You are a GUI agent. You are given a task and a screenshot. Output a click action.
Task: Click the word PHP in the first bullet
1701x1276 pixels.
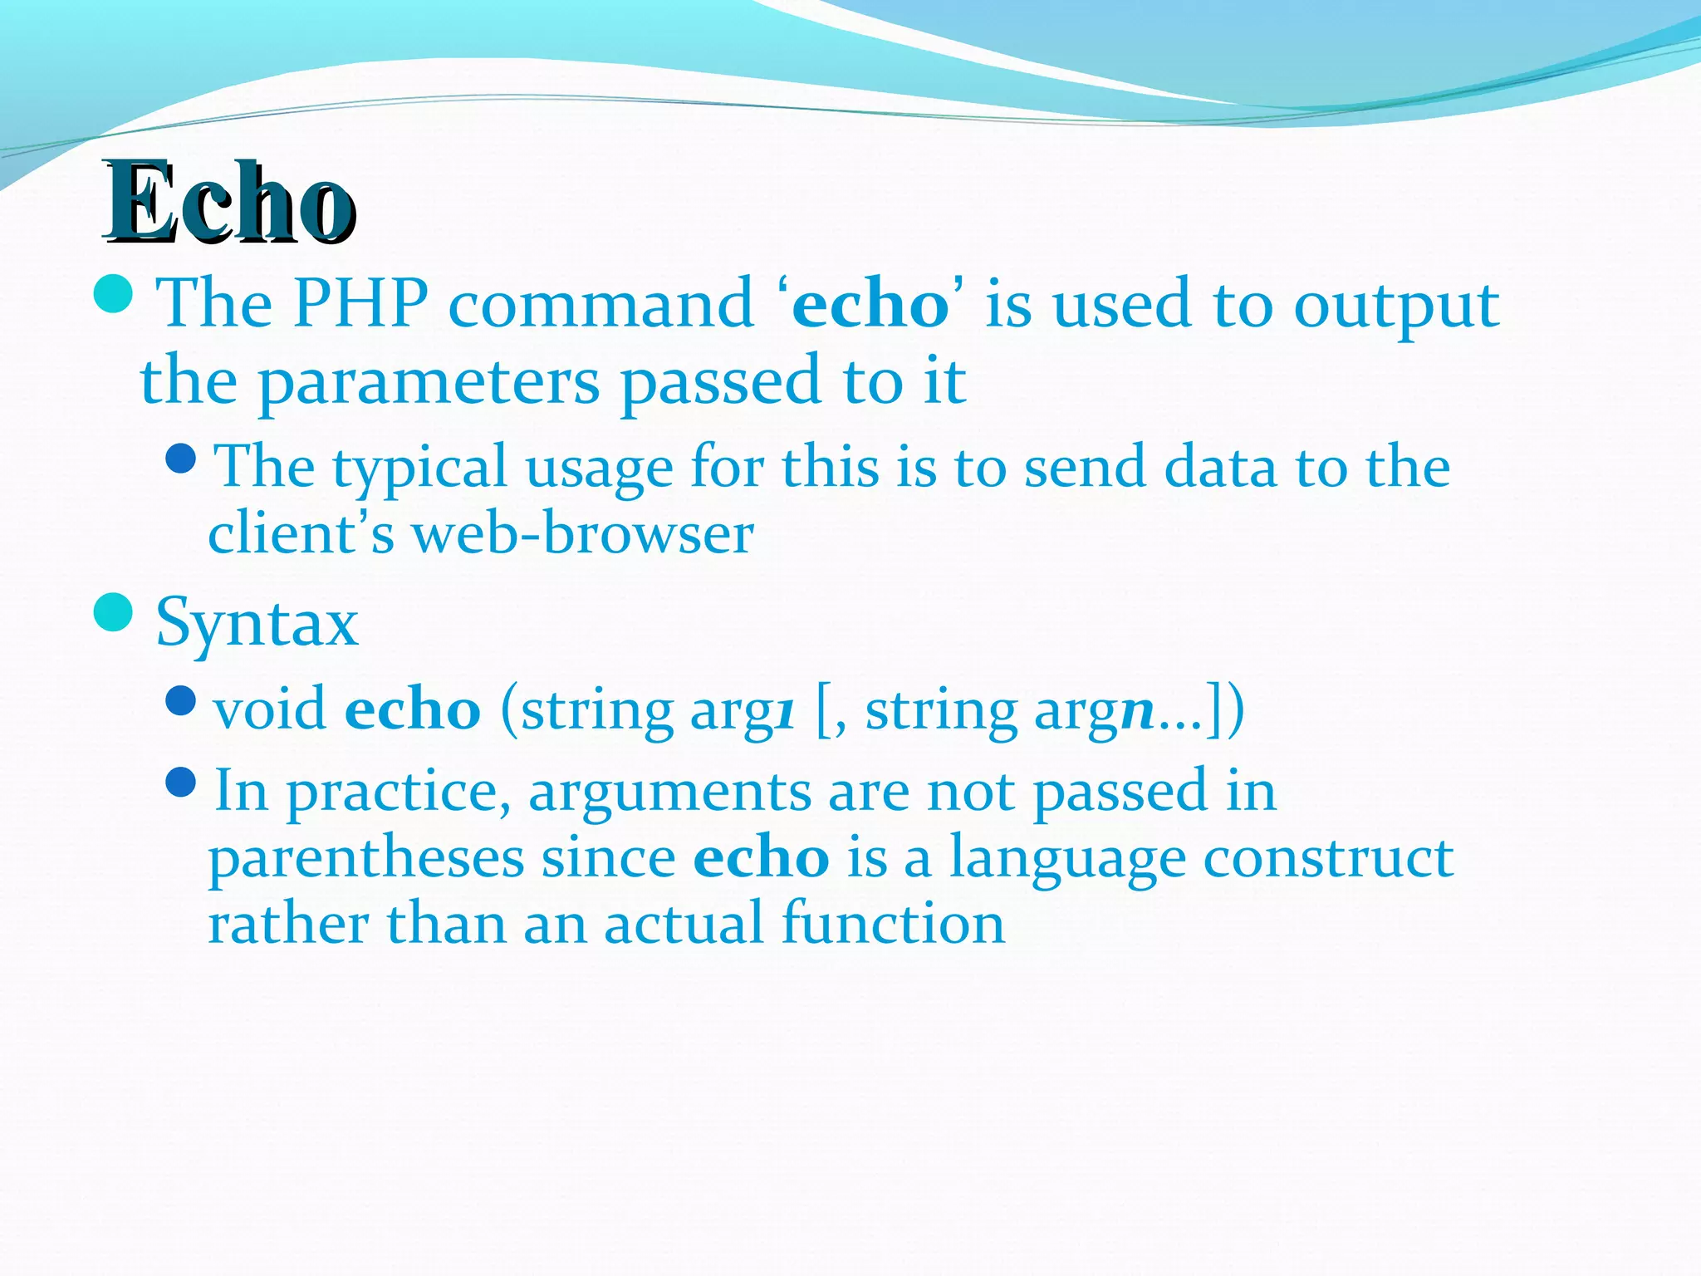point(360,304)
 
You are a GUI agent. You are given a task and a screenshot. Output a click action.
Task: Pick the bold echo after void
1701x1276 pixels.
point(413,710)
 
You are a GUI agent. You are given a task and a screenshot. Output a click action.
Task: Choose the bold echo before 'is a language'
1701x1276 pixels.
point(761,858)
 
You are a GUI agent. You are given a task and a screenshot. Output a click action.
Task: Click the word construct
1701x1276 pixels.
point(1328,858)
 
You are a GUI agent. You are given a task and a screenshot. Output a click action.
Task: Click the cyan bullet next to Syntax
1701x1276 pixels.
point(114,613)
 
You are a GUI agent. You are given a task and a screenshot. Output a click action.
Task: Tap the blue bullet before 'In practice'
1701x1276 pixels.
point(180,782)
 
